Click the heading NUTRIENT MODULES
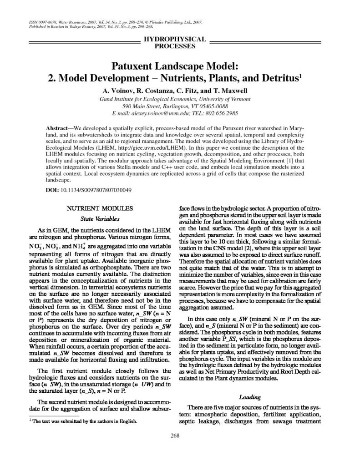coord(100,208)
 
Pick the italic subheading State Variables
coord(100,218)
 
